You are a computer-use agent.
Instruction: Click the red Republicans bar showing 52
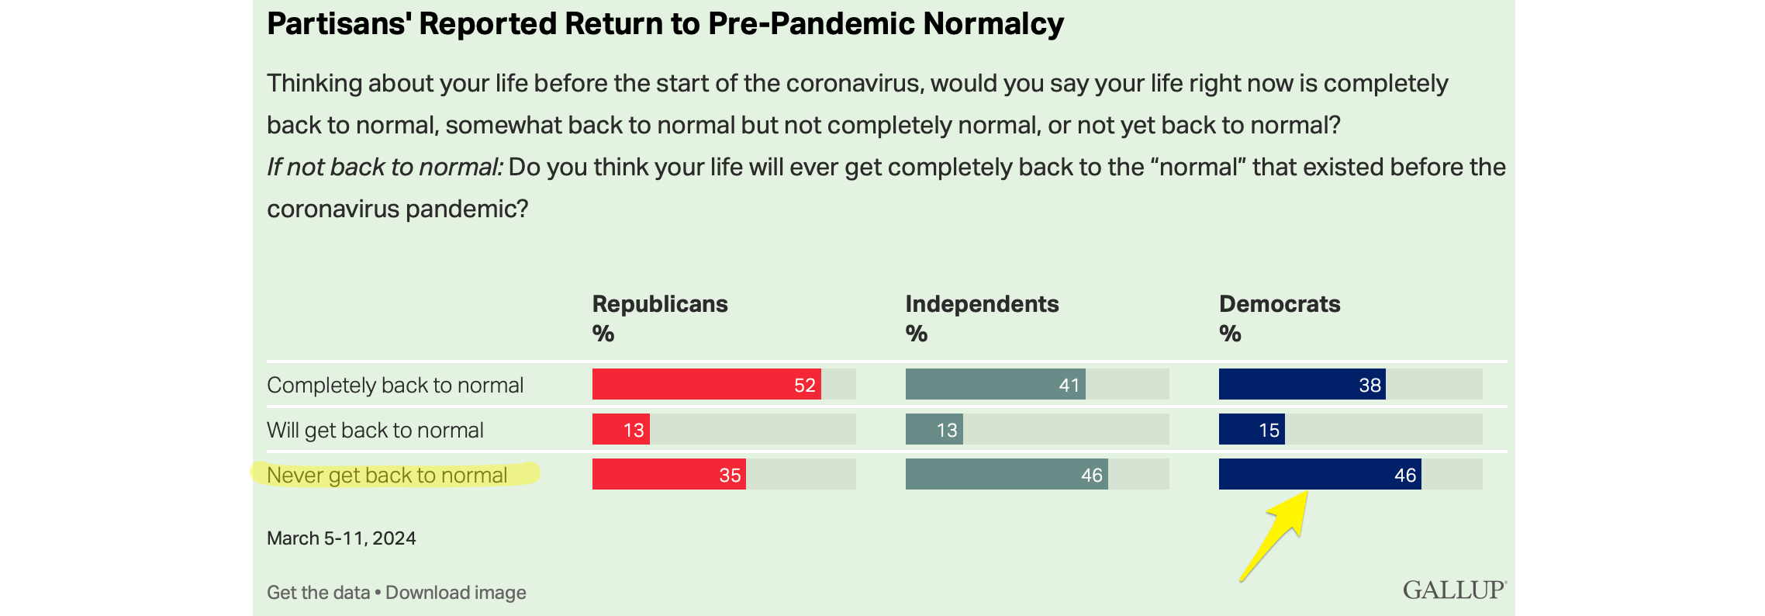(x=706, y=385)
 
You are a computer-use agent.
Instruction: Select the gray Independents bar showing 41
(x=995, y=385)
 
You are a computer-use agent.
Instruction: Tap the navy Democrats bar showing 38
(x=1301, y=385)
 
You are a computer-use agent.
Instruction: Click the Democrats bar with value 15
(x=1251, y=430)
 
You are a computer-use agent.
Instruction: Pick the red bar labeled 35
(x=668, y=475)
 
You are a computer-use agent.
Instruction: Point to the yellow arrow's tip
(x=1307, y=493)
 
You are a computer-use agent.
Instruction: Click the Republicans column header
(x=659, y=304)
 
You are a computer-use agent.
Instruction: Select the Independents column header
(x=982, y=304)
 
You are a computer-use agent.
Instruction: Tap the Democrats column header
(x=1280, y=304)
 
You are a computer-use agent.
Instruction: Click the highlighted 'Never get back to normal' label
(x=387, y=475)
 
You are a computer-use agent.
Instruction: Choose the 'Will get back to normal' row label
(x=375, y=430)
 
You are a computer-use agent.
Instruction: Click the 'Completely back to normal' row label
(x=395, y=385)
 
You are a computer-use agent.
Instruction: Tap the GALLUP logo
(x=1453, y=590)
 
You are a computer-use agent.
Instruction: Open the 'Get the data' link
(x=318, y=593)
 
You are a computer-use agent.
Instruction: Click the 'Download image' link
(x=456, y=593)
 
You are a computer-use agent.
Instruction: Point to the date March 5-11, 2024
(x=341, y=538)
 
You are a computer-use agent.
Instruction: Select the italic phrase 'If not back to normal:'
(x=385, y=168)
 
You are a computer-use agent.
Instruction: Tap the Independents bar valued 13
(x=934, y=430)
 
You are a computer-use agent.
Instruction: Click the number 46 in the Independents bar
(x=1091, y=475)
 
